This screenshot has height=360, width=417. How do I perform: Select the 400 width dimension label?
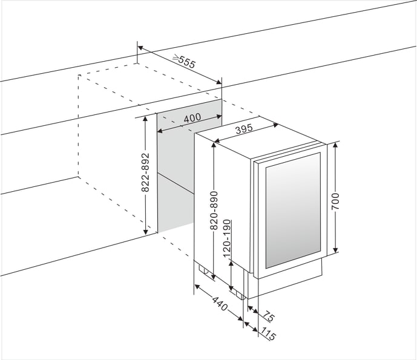pyautogui.click(x=192, y=118)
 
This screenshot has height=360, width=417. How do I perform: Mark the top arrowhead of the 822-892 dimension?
pyautogui.click(x=145, y=119)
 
